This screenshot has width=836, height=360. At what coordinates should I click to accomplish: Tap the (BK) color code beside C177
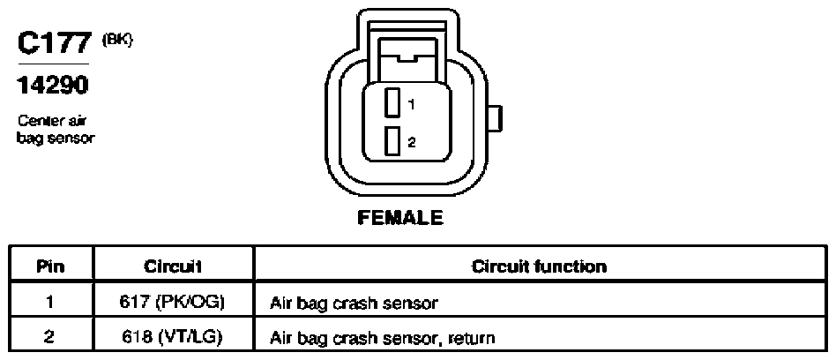116,40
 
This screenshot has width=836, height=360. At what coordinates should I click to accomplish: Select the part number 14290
53,85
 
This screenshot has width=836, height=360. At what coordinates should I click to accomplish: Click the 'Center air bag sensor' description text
56,129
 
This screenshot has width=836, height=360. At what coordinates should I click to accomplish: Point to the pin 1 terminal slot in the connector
392,102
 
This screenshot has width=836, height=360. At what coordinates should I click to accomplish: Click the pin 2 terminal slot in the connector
392,142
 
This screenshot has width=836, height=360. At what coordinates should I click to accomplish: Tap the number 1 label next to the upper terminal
411,105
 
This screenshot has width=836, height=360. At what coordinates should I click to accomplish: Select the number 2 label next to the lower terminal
412,142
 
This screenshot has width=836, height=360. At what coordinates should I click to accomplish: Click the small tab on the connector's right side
496,118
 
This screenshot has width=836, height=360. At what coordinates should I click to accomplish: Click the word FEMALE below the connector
400,218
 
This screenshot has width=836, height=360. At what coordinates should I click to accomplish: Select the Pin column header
51,266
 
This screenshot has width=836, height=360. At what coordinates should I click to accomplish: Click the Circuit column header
172,266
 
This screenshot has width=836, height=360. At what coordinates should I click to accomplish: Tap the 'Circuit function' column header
539,266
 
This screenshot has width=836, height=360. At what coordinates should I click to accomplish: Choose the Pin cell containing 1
50,303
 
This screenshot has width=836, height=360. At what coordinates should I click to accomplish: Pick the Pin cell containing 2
50,337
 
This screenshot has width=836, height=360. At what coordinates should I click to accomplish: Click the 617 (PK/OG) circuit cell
172,303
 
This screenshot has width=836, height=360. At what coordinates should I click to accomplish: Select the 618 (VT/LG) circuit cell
172,337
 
